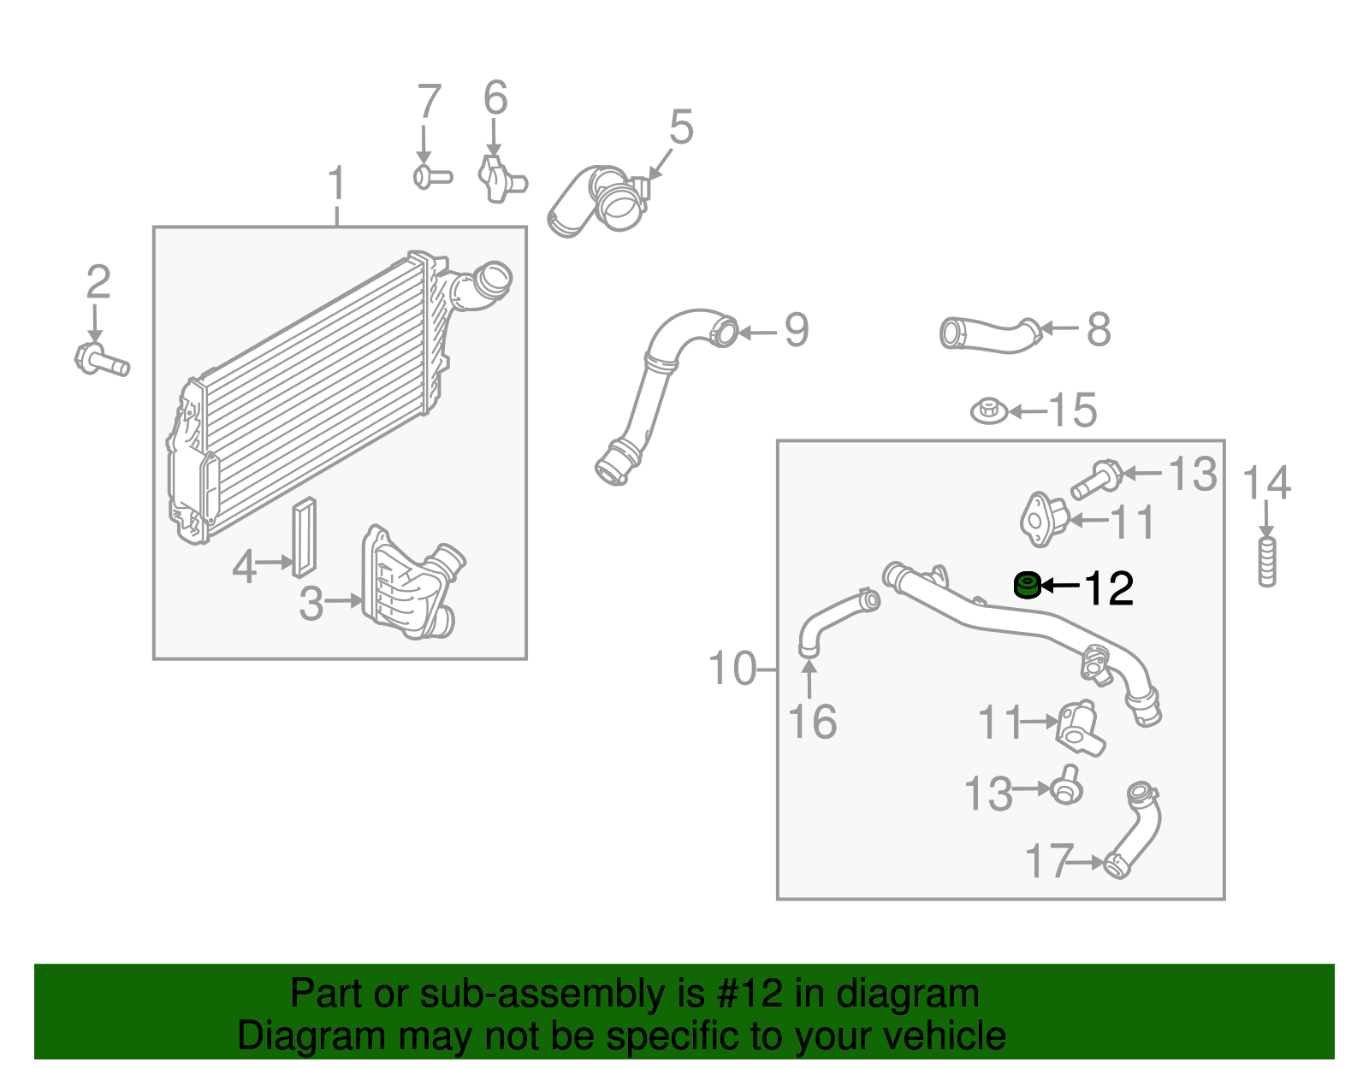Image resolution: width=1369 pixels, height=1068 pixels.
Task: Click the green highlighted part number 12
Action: click(x=1026, y=586)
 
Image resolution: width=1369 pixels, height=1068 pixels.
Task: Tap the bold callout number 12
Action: click(x=1109, y=588)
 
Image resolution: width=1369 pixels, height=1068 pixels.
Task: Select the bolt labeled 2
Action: click(x=101, y=359)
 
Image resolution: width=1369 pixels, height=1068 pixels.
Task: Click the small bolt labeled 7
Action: click(x=431, y=177)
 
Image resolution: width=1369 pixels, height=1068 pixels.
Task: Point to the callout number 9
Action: click(x=796, y=331)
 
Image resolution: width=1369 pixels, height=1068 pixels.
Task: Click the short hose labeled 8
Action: click(x=989, y=334)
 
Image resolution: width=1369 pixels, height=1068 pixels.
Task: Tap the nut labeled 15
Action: click(x=989, y=411)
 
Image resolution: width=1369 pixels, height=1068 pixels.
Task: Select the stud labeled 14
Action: click(x=1267, y=562)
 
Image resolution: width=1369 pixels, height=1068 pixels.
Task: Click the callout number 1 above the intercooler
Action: click(x=337, y=185)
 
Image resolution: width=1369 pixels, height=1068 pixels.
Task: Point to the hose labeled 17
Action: click(x=1136, y=829)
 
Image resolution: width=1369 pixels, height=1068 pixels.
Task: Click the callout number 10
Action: click(x=733, y=669)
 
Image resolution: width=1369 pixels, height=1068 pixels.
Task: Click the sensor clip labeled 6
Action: click(x=500, y=178)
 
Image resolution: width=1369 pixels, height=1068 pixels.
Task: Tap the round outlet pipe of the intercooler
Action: click(x=493, y=281)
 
